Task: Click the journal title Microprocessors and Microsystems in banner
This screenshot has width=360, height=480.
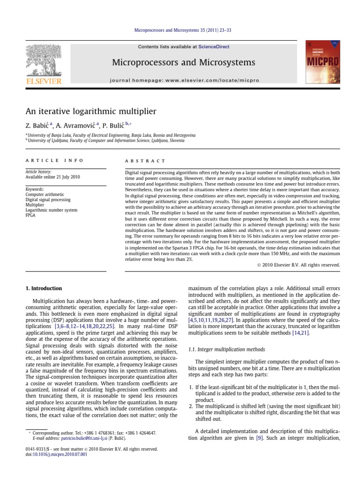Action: (184, 62)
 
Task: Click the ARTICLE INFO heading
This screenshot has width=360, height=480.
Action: (54, 160)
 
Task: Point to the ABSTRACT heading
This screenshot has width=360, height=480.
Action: (142, 160)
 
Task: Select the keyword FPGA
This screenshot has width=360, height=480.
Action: (30, 215)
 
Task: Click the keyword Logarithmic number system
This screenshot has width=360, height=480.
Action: (51, 210)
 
